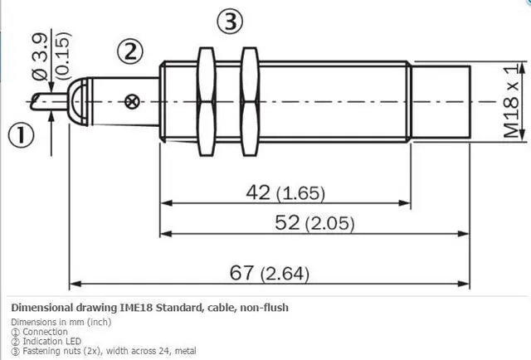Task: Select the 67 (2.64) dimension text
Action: point(271,271)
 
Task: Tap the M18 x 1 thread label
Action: point(512,103)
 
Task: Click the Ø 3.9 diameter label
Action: point(40,50)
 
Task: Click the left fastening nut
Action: point(207,102)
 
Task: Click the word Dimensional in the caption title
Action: point(45,308)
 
